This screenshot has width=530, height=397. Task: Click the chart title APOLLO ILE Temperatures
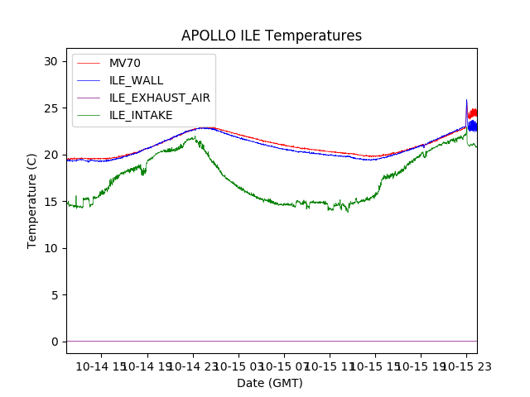point(272,36)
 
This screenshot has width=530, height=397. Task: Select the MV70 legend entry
point(125,63)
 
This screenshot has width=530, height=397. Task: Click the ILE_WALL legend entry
point(136,80)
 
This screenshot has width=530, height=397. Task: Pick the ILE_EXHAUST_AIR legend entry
point(159,98)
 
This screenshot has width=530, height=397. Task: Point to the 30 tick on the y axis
point(51,61)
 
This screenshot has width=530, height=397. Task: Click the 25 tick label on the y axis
point(51,108)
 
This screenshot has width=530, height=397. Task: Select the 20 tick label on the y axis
point(51,155)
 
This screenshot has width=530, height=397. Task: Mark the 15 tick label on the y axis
point(51,202)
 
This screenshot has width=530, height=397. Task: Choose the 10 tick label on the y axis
point(51,248)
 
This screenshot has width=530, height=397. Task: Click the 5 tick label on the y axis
point(54,295)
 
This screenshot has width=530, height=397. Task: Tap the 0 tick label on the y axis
point(54,342)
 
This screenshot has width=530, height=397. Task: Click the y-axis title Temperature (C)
point(32,200)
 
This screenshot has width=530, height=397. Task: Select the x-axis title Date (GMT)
point(270,383)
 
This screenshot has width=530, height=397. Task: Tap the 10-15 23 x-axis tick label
point(465,366)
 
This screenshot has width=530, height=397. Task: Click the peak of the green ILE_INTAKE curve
point(192,137)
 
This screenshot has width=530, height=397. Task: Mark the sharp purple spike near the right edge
point(466,101)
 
